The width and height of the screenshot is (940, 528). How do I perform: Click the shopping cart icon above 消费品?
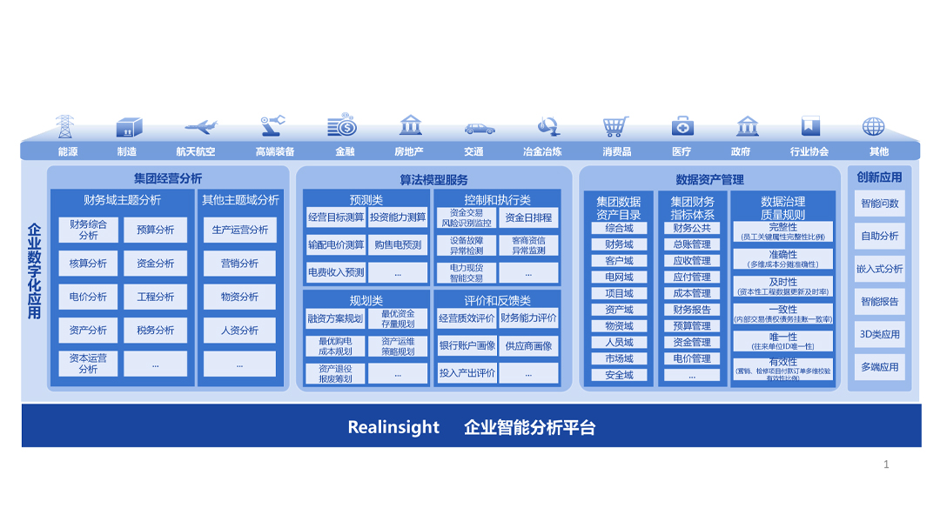click(615, 127)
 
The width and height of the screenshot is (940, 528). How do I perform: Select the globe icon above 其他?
click(874, 127)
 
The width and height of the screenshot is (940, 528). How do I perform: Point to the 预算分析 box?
click(155, 231)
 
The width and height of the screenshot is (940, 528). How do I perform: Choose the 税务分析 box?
click(155, 331)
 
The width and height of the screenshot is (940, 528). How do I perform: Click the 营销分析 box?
click(239, 264)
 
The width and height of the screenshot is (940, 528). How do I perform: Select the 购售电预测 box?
click(398, 245)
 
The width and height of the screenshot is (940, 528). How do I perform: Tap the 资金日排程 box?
click(528, 217)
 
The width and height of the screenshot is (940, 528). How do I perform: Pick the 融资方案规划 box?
click(335, 318)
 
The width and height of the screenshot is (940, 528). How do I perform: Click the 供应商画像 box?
click(528, 346)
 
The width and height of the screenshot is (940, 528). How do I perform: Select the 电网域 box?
click(619, 277)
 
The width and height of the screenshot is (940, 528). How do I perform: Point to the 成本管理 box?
click(692, 293)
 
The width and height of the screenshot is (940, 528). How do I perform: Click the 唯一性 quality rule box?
click(782, 341)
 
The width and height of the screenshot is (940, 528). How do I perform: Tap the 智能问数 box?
click(879, 204)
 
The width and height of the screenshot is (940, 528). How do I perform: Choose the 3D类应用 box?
click(879, 335)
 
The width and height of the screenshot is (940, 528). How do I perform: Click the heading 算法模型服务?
click(433, 180)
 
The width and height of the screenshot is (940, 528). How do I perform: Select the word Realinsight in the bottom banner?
click(393, 427)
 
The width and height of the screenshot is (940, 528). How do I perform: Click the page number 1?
click(886, 465)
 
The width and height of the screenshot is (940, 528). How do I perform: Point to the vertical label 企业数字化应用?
click(35, 271)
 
